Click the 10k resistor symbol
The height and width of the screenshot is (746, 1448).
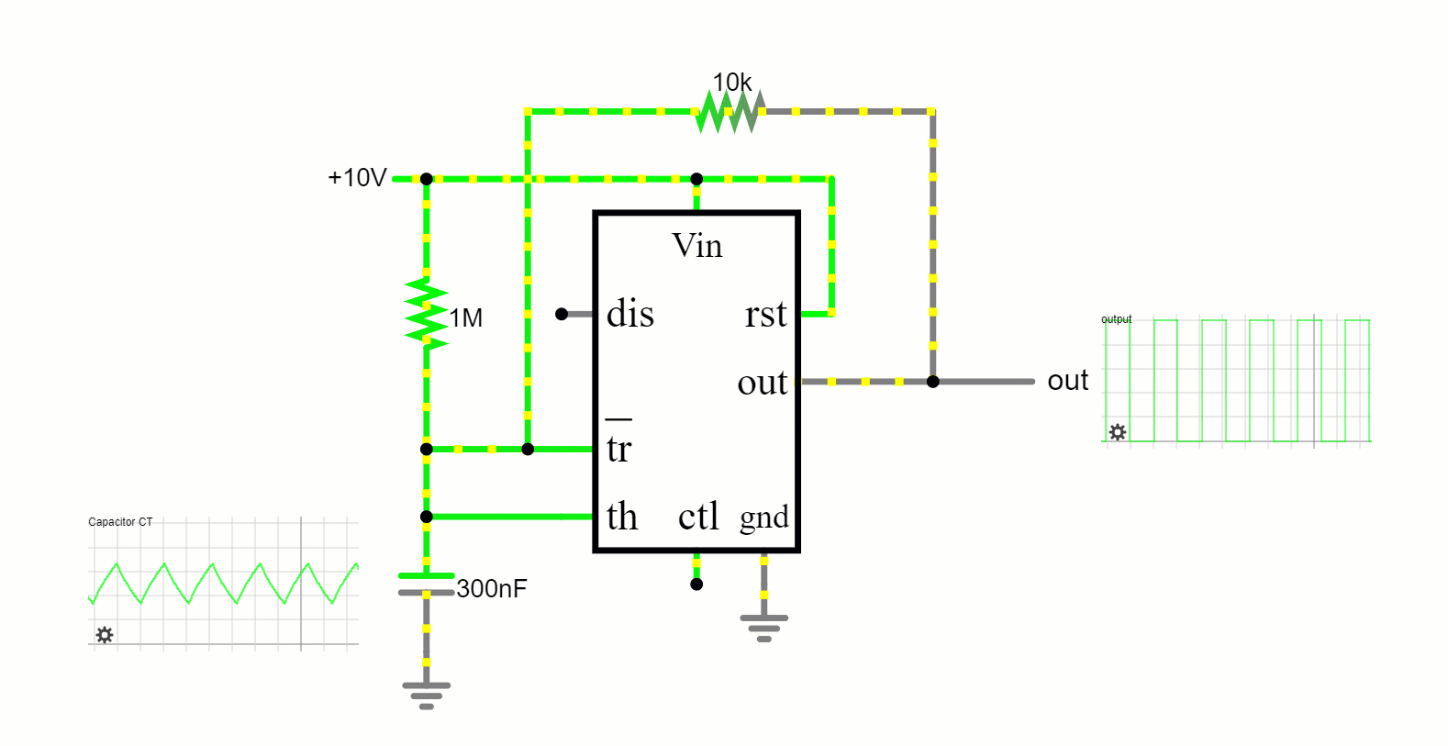click(730, 112)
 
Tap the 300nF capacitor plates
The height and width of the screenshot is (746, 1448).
click(427, 585)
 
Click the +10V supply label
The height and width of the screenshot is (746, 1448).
click(357, 178)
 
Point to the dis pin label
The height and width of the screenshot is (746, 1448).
click(630, 315)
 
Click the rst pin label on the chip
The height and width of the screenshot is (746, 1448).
click(765, 315)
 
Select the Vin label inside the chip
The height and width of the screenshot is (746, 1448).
click(696, 246)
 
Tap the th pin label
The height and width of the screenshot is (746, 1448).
click(622, 517)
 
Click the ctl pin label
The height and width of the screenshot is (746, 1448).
click(697, 517)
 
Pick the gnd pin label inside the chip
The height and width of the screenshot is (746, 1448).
click(764, 518)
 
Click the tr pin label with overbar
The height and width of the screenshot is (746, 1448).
click(619, 447)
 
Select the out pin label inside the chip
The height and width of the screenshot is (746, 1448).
click(762, 383)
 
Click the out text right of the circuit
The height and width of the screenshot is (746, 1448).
click(1067, 381)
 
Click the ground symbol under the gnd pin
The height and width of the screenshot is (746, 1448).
click(764, 628)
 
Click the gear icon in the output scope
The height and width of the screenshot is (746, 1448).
click(1117, 431)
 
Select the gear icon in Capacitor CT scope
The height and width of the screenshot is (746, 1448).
click(105, 635)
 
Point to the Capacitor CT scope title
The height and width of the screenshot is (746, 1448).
click(120, 522)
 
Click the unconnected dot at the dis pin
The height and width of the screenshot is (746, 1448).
click(562, 315)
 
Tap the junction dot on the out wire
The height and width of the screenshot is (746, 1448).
click(932, 382)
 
